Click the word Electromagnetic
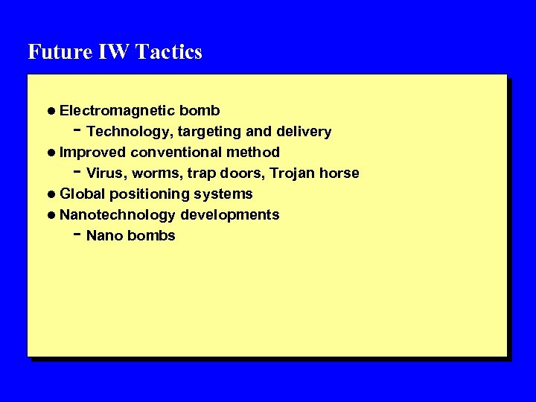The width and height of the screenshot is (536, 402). pyautogui.click(x=117, y=111)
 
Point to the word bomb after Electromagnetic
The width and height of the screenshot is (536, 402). pyautogui.click(x=200, y=111)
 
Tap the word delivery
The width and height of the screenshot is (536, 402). pyautogui.click(x=303, y=132)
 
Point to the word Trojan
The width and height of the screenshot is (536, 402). pyautogui.click(x=293, y=174)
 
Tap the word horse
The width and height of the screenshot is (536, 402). pyautogui.click(x=339, y=173)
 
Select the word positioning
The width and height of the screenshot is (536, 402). pyautogui.click(x=158, y=195)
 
